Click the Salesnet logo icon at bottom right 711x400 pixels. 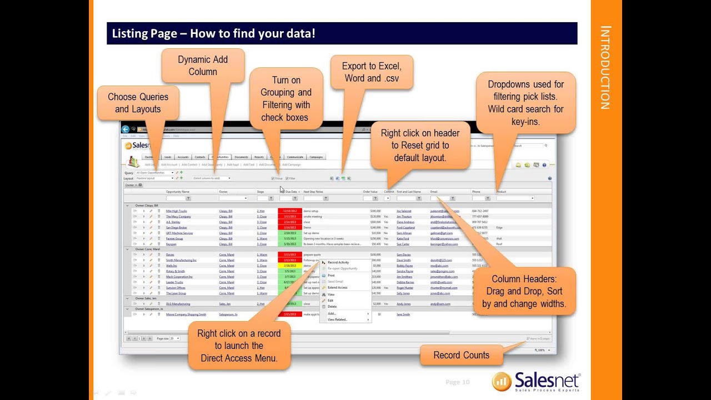[x=502, y=382]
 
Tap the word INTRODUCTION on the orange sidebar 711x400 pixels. [x=605, y=67]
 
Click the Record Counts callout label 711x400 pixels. [x=461, y=355]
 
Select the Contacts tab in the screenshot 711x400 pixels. [x=200, y=157]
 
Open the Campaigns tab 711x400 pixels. [x=316, y=157]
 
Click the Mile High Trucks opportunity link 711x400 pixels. [x=176, y=211]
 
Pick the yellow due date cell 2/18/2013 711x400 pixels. [x=290, y=266]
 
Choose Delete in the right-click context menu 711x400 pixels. [x=332, y=307]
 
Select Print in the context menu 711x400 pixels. [x=331, y=276]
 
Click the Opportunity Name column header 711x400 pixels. [x=182, y=192]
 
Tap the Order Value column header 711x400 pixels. [x=370, y=192]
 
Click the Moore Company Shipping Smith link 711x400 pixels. [x=186, y=314]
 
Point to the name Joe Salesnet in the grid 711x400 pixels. [x=404, y=211]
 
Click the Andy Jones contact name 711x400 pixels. [x=403, y=304]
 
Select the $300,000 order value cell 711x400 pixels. [x=375, y=211]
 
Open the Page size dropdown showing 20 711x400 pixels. [x=174, y=338]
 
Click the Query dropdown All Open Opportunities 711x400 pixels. [x=155, y=173]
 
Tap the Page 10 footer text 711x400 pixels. [x=457, y=382]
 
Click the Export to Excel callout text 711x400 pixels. [x=371, y=72]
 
